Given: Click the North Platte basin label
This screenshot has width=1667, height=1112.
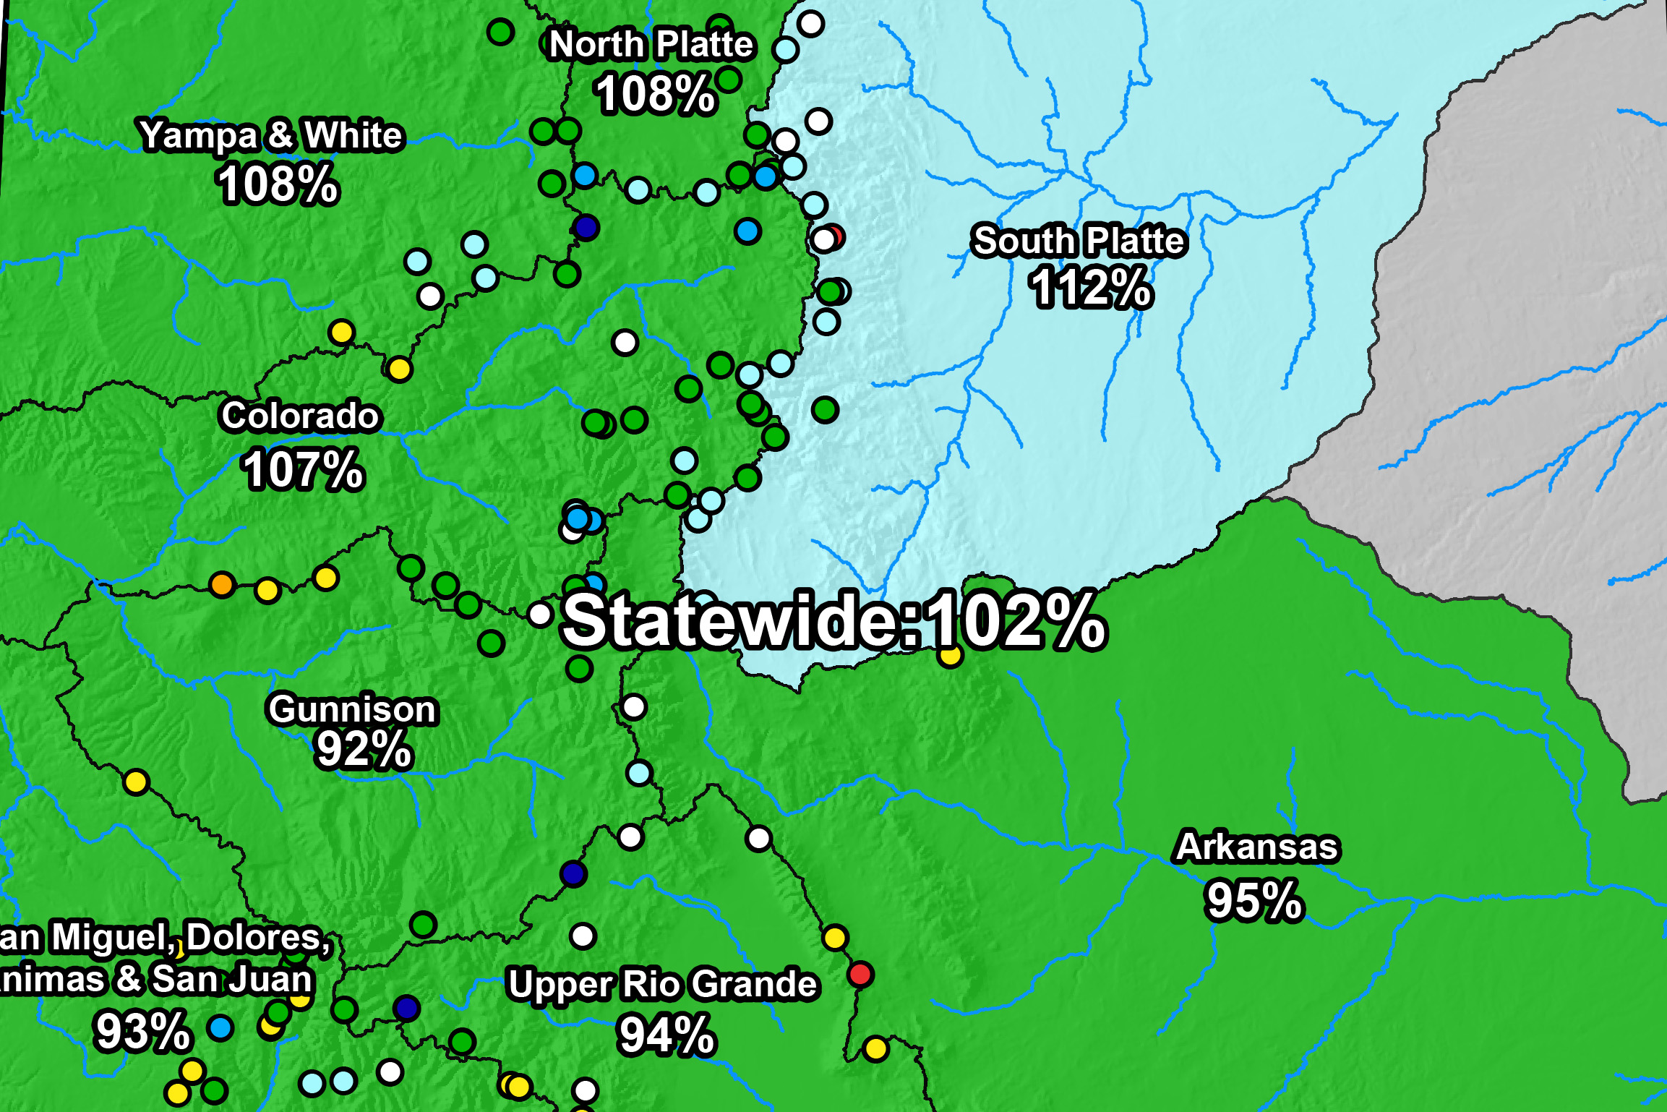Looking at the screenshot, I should pos(651,45).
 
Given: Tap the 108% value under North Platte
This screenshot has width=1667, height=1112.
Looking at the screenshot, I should pos(655,94).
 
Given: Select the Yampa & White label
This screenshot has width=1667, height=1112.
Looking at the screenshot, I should pos(271,135).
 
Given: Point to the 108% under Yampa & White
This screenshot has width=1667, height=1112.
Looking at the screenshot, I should pos(278,184).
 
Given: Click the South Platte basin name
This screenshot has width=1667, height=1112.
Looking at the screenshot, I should pos(1079,241).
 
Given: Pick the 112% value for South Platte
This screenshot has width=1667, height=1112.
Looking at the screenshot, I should pos(1091,288).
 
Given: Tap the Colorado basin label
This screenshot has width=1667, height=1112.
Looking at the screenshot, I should pos(300,416).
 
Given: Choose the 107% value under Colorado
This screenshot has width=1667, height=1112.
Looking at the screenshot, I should pos(303,470).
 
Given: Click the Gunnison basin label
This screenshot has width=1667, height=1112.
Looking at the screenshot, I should pos(353,709).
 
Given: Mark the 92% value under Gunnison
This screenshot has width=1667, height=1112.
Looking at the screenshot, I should pos(364,749).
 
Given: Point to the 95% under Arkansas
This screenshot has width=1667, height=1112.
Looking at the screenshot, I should pos(1255,900).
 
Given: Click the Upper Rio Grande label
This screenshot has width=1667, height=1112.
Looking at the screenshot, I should pos(662,984).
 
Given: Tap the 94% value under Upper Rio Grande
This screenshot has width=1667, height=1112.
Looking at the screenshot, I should pos(667,1035).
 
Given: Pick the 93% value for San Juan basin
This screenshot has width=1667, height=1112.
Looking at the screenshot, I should pos(142,1031).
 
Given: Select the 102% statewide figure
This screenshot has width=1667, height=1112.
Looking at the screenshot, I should pos(1016,620).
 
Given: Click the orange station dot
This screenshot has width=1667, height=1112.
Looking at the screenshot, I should pos(222,583).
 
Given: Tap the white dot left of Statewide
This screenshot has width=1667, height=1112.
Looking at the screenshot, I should pos(540,615).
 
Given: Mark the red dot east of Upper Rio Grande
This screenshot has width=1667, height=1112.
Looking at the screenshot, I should pos(860,975).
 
